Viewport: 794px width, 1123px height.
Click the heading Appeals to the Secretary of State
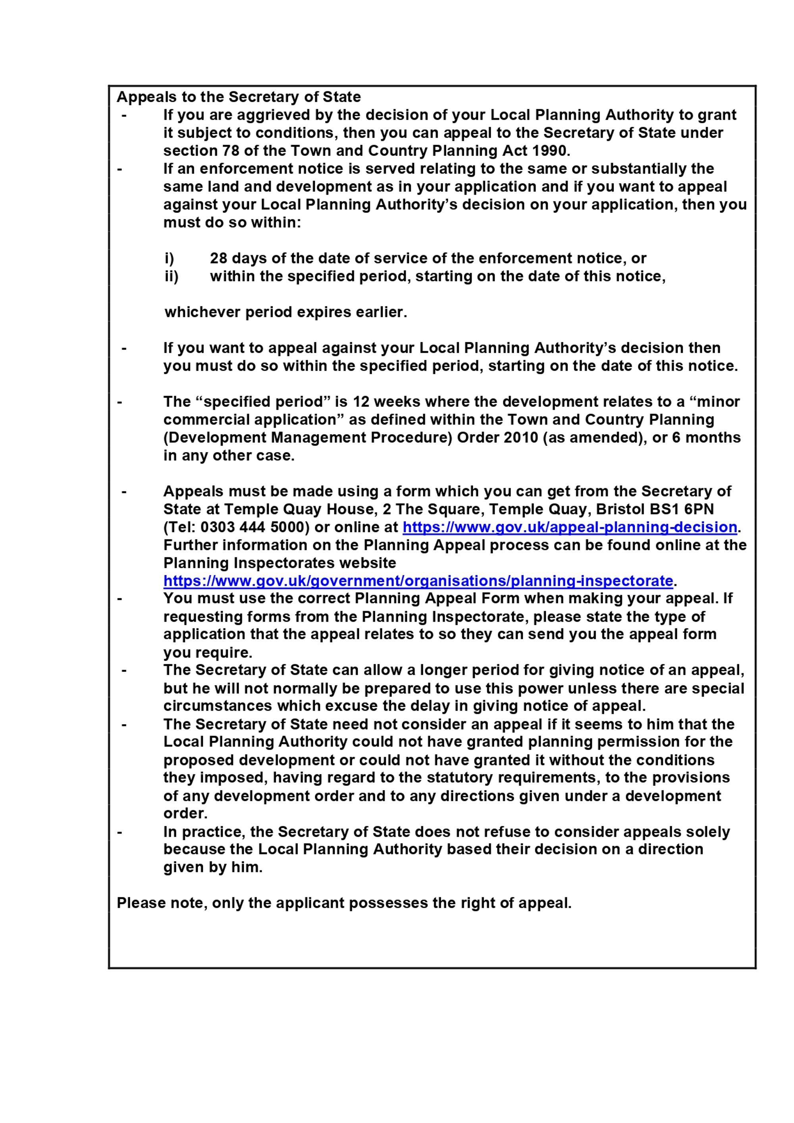click(x=239, y=97)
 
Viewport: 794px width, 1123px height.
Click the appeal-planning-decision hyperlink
click(x=570, y=527)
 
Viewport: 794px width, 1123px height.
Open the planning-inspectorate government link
click(x=418, y=581)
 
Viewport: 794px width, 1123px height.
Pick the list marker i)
click(x=169, y=258)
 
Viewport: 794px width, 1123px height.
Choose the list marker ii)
click(x=171, y=276)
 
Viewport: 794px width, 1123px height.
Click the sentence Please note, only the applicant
click(x=344, y=903)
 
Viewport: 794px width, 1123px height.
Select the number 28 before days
click(x=218, y=258)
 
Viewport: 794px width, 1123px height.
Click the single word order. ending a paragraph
click(x=185, y=814)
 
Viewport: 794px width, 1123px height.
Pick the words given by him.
click(x=213, y=867)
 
